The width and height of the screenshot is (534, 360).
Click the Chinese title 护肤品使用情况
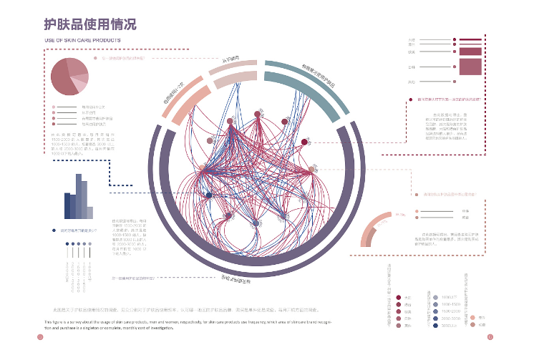[x=90, y=24]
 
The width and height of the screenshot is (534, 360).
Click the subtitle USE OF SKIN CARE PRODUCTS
[x=82, y=40]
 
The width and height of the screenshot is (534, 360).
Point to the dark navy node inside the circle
[x=209, y=195]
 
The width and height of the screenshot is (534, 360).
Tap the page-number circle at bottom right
[x=490, y=339]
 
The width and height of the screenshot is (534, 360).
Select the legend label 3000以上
[x=450, y=326]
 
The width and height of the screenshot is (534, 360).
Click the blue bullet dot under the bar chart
[x=54, y=230]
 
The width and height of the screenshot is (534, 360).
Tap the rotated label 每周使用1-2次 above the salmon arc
[x=175, y=94]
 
